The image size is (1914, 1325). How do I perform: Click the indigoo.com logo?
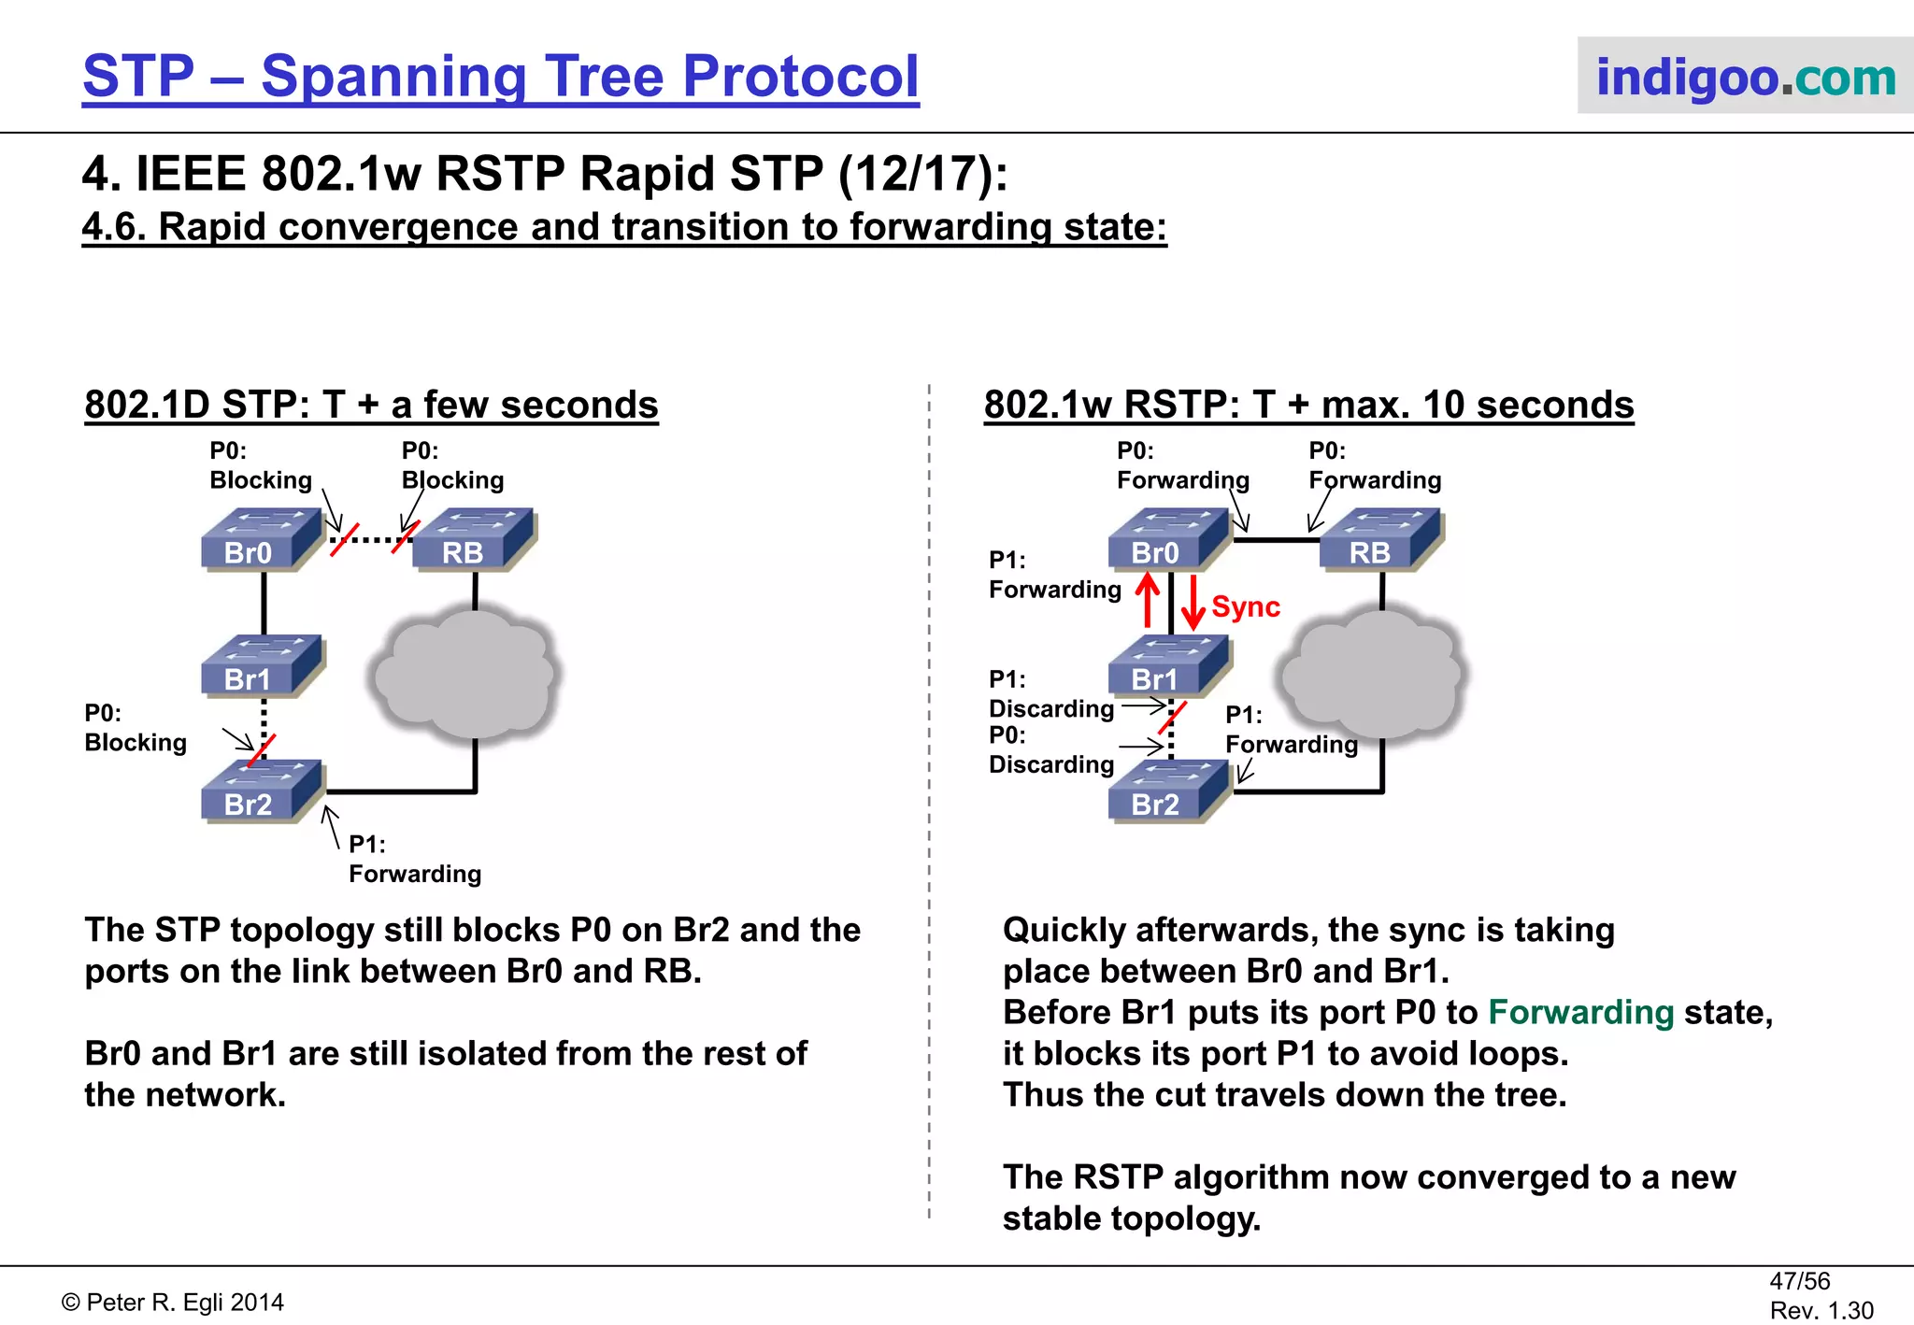point(1745,77)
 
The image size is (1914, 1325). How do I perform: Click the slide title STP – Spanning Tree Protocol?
point(501,76)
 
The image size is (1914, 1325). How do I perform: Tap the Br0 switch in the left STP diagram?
point(262,540)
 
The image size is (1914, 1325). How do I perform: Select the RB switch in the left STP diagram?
point(474,540)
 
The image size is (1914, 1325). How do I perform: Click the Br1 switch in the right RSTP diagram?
point(1169,666)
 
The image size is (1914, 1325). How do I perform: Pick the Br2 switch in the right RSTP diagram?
point(1169,792)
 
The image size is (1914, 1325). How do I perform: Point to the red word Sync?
point(1245,606)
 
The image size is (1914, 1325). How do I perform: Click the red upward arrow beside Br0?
point(1148,600)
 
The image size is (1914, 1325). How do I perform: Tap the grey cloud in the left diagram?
point(465,673)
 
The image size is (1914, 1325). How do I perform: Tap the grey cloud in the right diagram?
point(1371,673)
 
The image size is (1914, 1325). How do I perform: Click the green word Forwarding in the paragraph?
point(1580,1012)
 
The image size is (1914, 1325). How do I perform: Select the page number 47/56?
point(1799,1281)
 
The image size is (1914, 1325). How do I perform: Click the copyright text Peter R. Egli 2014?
point(173,1303)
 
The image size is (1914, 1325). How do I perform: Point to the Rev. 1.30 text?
point(1821,1310)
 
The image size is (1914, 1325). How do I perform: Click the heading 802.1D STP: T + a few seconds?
point(371,405)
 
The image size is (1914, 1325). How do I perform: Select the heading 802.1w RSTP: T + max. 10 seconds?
point(1308,405)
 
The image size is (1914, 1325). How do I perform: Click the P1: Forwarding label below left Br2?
point(414,860)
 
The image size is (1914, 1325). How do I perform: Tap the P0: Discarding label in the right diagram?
point(1050,750)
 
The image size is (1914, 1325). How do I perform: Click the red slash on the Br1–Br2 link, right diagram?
point(1172,718)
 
